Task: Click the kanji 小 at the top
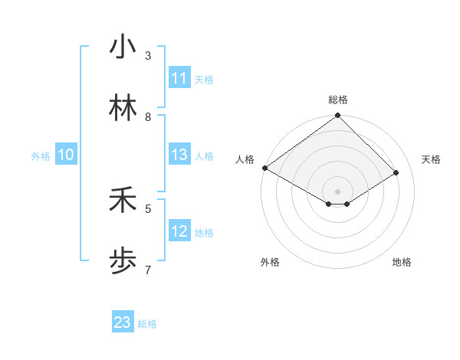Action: [122, 47]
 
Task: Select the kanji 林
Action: [122, 109]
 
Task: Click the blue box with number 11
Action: [179, 78]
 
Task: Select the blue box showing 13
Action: [179, 155]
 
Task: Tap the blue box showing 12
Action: [179, 232]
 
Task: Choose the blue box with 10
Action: [66, 155]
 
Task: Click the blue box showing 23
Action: [123, 322]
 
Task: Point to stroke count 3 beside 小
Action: [148, 56]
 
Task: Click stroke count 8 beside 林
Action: [148, 117]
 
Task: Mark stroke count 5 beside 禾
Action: [148, 208]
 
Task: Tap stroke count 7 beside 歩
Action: [148, 270]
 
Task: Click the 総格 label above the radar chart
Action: [338, 100]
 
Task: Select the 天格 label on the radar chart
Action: [431, 159]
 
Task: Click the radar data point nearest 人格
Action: [264, 168]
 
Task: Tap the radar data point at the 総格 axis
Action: [338, 116]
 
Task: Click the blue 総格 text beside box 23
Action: [147, 324]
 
